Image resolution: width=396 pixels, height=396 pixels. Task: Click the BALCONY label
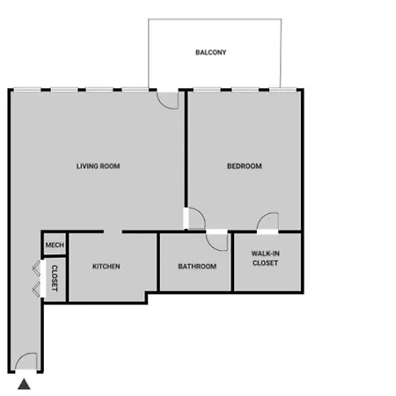coord(211,53)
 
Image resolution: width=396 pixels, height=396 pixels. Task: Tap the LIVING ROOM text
coord(99,166)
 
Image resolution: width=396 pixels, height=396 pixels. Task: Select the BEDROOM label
coord(245,166)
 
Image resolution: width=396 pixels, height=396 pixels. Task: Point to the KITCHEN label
coord(106,267)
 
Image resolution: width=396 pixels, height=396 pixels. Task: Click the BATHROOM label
coord(197,267)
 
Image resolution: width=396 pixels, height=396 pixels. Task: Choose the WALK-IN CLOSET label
coord(266,258)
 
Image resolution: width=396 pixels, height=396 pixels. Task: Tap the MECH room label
coord(55,245)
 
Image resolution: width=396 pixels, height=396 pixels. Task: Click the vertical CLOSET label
coord(55,278)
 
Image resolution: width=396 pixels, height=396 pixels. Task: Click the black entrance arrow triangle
coord(24,385)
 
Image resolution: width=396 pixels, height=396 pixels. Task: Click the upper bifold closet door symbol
coord(36,268)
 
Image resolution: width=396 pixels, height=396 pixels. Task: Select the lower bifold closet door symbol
coord(36,290)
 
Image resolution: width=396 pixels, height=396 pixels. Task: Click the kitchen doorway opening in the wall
coord(113,231)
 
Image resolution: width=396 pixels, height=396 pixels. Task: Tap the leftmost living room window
coord(27,90)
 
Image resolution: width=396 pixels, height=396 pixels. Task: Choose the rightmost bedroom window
coord(283,90)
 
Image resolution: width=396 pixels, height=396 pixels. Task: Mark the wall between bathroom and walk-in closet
coord(232,262)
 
